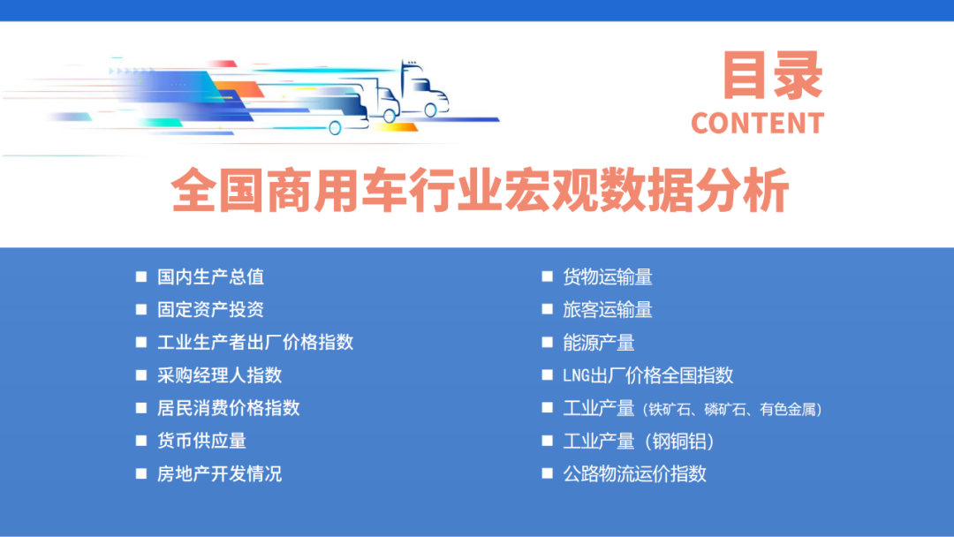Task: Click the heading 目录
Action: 772,76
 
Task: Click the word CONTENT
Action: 757,124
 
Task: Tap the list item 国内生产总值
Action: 210,276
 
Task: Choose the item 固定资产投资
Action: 210,309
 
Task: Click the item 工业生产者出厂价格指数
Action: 255,342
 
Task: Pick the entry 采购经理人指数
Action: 219,374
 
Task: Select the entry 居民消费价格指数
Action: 228,407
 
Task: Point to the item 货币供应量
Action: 201,440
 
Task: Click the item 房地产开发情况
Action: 219,473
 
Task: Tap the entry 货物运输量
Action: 608,276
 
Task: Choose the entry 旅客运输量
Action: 608,309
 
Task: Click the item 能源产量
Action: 599,342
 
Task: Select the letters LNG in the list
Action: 577,375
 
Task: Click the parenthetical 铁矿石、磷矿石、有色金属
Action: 733,409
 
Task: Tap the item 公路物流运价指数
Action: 634,473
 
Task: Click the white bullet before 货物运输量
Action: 547,276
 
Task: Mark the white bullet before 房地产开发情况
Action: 141,473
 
